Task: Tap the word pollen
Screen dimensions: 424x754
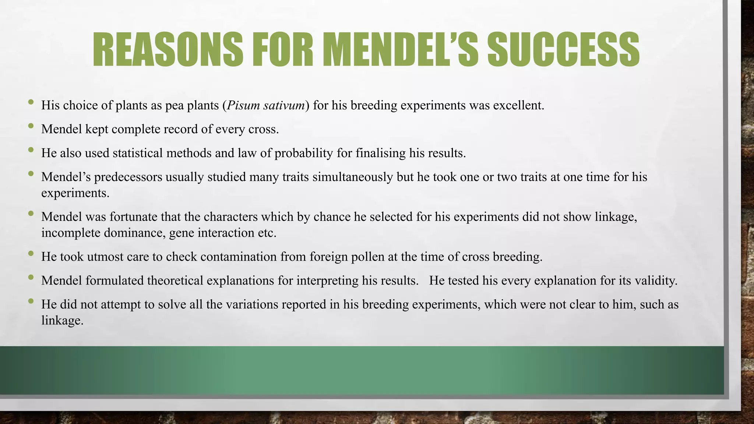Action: coord(367,257)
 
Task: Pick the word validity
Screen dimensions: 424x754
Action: coord(656,280)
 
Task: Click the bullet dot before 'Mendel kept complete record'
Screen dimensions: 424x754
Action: coord(31,126)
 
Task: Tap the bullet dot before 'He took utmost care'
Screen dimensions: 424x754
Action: coord(31,254)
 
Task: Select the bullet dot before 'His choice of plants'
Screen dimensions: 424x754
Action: coord(31,102)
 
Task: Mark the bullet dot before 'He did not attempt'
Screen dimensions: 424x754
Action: coord(31,301)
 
